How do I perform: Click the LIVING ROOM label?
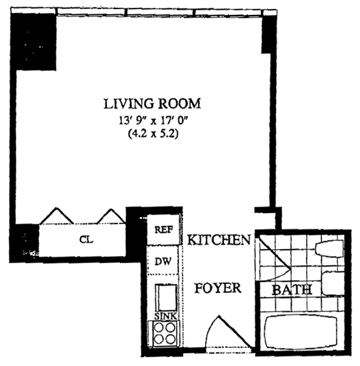(x=152, y=103)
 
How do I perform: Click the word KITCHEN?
(x=219, y=240)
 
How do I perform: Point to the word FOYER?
(x=218, y=288)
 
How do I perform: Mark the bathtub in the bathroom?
(x=301, y=331)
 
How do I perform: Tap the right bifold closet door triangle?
(x=111, y=217)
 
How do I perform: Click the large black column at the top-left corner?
(x=35, y=41)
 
